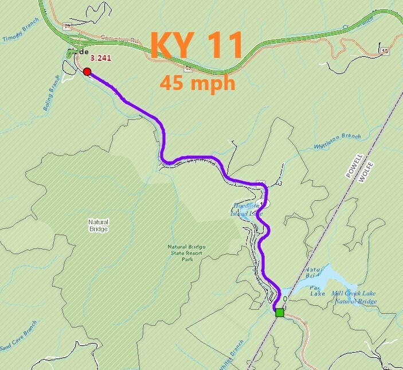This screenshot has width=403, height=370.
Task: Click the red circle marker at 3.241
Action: (87, 72)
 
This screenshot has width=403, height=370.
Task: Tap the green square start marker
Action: (279, 313)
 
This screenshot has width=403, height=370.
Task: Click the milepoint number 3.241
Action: (100, 58)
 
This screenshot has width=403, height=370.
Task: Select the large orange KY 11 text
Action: (197, 45)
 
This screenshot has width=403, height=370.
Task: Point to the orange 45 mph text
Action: (198, 83)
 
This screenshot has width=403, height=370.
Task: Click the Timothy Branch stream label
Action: (20, 34)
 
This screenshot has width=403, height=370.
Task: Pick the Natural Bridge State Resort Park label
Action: (186, 252)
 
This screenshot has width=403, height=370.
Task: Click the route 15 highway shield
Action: (384, 52)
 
